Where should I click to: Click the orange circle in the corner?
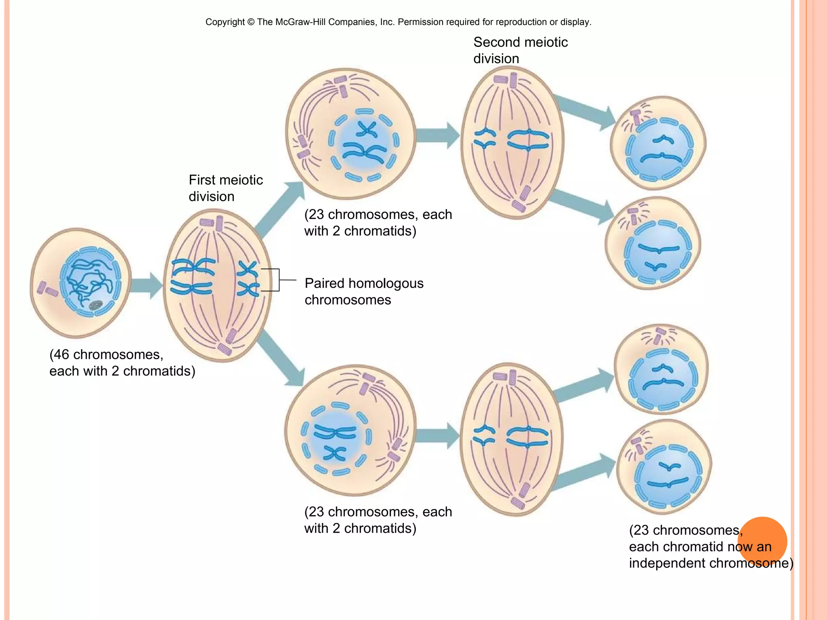click(x=762, y=541)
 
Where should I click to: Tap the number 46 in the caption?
click(x=62, y=354)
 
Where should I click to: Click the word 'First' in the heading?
click(x=203, y=180)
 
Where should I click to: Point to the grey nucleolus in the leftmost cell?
click(x=95, y=305)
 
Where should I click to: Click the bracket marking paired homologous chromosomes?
click(x=278, y=280)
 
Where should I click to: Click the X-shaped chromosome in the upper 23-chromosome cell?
click(x=367, y=130)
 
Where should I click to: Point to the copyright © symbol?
click(x=251, y=22)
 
